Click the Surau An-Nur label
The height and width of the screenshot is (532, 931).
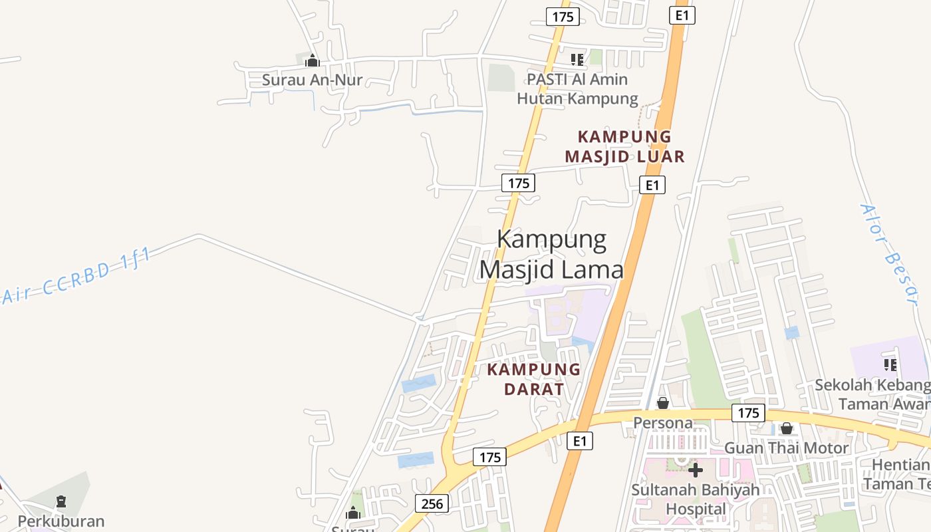click(x=312, y=80)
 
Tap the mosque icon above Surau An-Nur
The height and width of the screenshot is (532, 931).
click(x=312, y=61)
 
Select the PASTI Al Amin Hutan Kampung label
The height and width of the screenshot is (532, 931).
click(x=577, y=89)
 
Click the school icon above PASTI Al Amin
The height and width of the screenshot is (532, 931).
click(x=577, y=60)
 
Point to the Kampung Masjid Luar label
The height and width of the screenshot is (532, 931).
click(x=624, y=146)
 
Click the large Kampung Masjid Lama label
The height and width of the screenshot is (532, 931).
click(x=552, y=254)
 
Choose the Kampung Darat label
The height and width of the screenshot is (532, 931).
click(x=534, y=379)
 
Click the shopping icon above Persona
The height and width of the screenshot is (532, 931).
click(x=663, y=403)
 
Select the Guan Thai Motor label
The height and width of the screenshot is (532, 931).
click(x=786, y=448)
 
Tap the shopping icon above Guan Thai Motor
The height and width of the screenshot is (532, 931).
click(x=787, y=429)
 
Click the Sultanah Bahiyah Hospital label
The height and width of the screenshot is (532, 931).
click(x=695, y=499)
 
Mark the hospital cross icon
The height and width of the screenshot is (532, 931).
click(x=696, y=471)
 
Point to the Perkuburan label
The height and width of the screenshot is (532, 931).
click(x=61, y=521)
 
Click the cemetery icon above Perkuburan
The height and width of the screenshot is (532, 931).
click(x=61, y=501)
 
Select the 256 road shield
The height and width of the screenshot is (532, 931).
click(x=432, y=503)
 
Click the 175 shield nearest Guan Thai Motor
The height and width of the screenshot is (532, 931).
click(x=748, y=413)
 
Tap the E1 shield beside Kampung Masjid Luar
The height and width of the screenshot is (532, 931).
click(x=652, y=185)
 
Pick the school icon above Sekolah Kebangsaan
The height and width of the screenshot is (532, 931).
click(x=890, y=364)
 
